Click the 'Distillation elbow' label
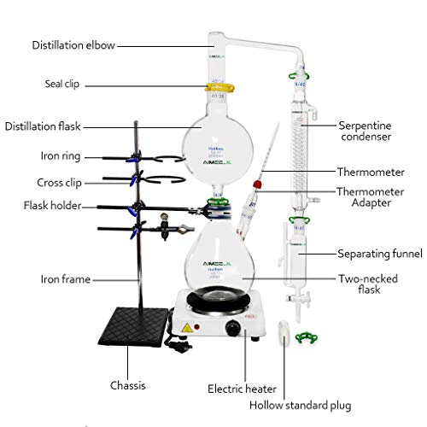[73, 44]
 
